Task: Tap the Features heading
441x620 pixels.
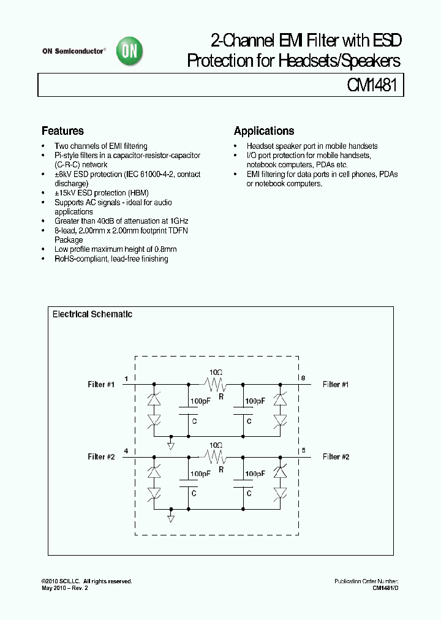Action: (62, 131)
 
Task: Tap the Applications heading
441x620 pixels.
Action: (264, 131)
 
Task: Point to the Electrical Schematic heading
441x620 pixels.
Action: (92, 314)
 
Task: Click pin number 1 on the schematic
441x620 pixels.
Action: (126, 379)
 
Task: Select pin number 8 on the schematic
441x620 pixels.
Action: (303, 379)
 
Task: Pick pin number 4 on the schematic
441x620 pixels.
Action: (126, 452)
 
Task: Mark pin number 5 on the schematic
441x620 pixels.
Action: (303, 452)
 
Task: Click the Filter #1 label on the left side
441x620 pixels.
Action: (101, 385)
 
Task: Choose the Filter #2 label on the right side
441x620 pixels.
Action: (336, 457)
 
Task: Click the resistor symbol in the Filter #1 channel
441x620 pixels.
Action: (215, 385)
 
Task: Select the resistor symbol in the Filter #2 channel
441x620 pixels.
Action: (215, 457)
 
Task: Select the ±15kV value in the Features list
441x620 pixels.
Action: (66, 193)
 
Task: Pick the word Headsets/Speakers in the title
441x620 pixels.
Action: (339, 61)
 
